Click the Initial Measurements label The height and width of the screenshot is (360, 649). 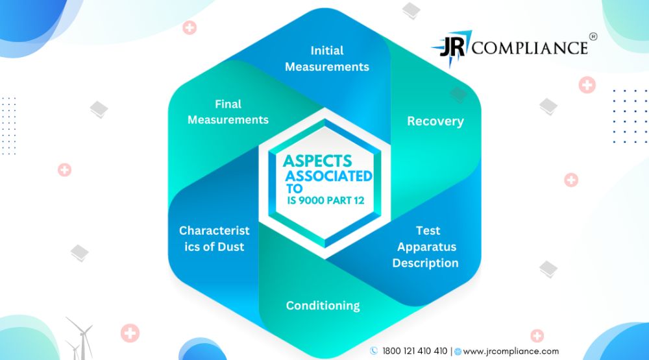point(327,58)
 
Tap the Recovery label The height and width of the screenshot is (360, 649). point(435,121)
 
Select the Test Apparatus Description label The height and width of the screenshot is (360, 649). point(426,246)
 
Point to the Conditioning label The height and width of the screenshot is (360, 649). point(323,306)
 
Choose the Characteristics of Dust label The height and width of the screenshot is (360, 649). point(214,238)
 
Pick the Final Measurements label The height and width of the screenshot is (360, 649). point(228,112)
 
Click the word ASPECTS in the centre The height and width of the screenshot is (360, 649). point(317,161)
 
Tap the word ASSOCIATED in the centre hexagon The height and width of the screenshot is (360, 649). point(329,176)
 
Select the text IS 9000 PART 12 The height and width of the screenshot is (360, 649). point(326,200)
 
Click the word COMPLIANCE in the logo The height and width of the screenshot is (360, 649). point(530,48)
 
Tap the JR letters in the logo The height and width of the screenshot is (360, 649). point(452,47)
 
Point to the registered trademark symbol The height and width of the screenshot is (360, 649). point(593,36)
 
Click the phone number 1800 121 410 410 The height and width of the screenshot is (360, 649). point(415,352)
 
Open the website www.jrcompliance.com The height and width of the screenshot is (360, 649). point(511,352)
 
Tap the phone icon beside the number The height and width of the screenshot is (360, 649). point(374,351)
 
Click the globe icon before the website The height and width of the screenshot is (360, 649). point(458,352)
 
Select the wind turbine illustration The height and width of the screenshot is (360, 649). point(79,338)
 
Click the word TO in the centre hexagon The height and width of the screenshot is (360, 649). point(294,189)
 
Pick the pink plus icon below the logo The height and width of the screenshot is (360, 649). point(587,85)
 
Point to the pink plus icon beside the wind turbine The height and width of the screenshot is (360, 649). point(130,333)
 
